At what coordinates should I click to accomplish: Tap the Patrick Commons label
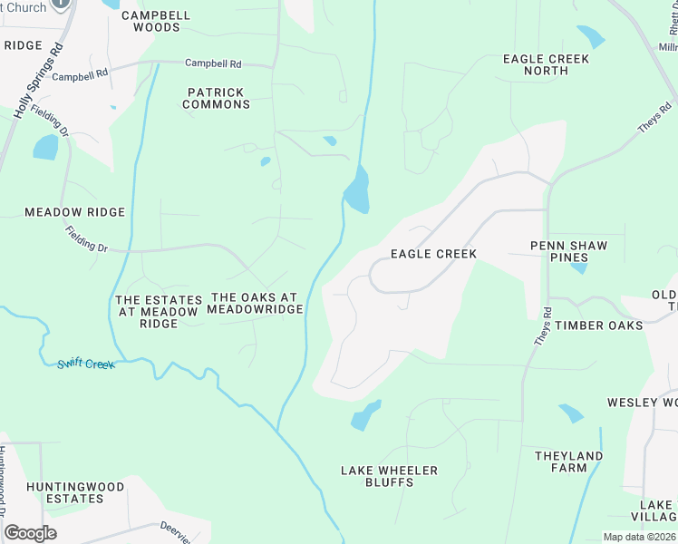click(x=216, y=98)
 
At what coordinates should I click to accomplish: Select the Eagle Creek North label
click(x=546, y=64)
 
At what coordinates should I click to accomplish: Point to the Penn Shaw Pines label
click(x=568, y=251)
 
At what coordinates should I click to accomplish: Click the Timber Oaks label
click(x=598, y=325)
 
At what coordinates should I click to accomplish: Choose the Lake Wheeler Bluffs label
click(x=389, y=476)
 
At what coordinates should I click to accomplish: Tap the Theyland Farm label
click(x=568, y=461)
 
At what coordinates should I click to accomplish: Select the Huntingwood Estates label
click(x=74, y=492)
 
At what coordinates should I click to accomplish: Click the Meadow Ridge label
click(x=74, y=211)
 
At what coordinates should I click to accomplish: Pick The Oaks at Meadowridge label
click(x=254, y=303)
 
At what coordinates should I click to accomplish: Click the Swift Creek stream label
click(x=86, y=364)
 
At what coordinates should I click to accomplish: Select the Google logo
click(x=31, y=532)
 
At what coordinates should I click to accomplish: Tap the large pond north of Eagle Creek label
click(x=357, y=191)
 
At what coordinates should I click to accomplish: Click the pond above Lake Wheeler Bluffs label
click(x=364, y=415)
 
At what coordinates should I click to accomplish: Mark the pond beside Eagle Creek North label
click(x=590, y=36)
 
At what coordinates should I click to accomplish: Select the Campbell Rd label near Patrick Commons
click(x=213, y=63)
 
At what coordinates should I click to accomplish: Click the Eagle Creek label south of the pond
click(x=433, y=254)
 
